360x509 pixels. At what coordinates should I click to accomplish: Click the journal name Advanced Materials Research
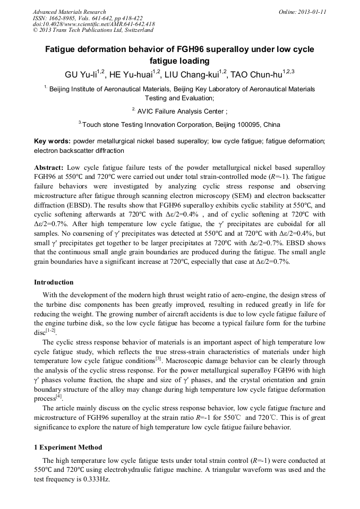[x=69, y=12]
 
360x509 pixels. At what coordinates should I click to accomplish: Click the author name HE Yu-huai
[x=129, y=74]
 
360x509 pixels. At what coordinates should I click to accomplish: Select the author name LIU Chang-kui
[x=193, y=74]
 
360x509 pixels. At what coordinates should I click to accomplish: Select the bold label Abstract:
[x=49, y=167]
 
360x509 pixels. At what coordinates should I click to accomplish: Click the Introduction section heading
[x=54, y=282]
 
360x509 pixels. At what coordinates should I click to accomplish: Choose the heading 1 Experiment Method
[x=68, y=447]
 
